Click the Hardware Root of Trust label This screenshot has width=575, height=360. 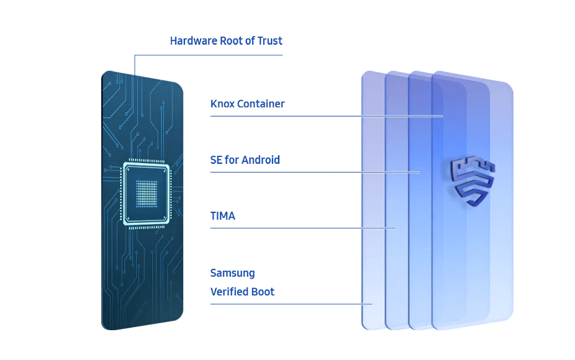pos(226,41)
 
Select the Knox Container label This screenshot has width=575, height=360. pos(247,104)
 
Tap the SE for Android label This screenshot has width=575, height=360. pos(245,160)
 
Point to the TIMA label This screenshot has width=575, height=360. pos(222,217)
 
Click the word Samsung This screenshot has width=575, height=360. pos(232,273)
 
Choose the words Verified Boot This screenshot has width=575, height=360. pos(242,292)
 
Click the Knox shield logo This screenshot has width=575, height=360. pos(473,181)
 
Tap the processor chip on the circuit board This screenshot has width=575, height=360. pos(147,193)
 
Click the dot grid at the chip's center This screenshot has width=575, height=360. pos(147,193)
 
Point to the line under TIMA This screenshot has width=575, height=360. pos(298,228)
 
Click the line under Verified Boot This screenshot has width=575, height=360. pos(286,304)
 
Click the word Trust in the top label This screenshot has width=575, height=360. pos(269,41)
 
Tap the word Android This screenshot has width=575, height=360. pos(261,160)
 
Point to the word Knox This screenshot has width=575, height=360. pos(222,104)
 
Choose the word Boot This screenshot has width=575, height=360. pos(263,292)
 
